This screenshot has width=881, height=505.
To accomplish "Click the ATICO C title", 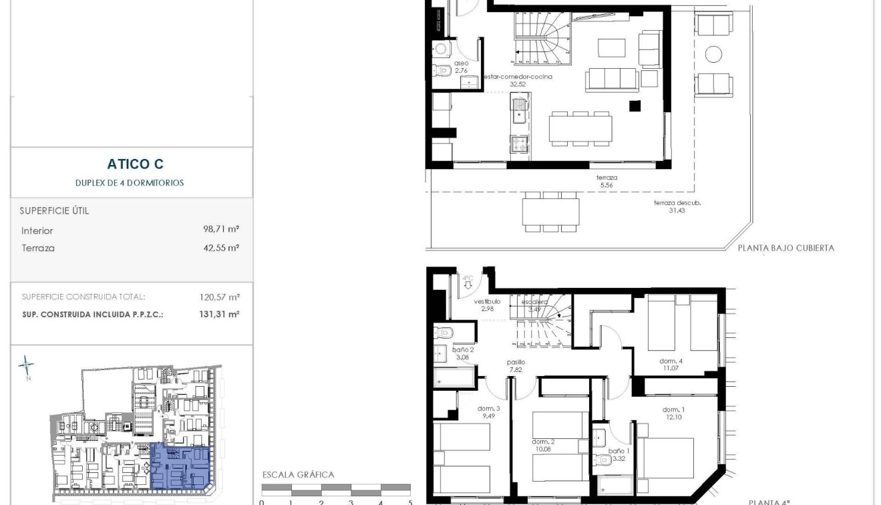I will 135,164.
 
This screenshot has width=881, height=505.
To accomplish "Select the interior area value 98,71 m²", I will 221,229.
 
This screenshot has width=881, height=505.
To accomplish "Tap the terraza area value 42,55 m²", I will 221,247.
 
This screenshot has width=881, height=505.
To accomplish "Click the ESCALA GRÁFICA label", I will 298,475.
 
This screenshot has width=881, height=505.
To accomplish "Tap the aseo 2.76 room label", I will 462,66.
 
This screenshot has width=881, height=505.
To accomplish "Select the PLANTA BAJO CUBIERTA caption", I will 785,248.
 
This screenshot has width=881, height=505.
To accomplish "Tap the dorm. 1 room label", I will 673,413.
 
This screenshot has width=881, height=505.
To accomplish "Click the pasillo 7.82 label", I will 515,365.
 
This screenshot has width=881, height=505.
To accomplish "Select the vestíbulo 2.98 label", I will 488,305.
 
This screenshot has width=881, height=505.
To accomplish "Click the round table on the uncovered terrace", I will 713,55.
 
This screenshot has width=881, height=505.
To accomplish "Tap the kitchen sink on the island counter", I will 520,111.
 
